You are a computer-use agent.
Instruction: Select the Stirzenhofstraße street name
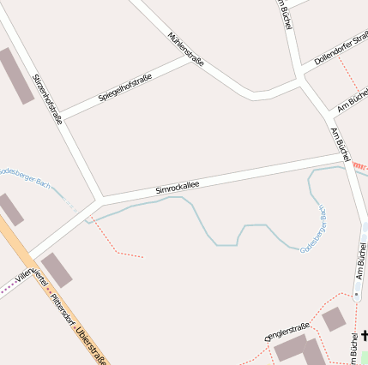pos(47,99)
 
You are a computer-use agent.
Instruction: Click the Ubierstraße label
pos(92,346)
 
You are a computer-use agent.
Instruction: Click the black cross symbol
pos(364,336)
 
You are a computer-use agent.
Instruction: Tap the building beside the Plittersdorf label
pos(57,271)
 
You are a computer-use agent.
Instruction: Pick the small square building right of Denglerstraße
pos(333,320)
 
